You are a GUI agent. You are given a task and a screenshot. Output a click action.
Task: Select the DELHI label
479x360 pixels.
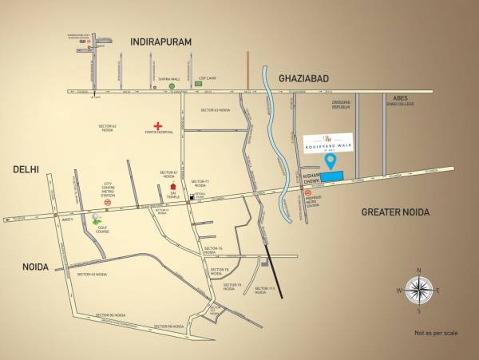26,169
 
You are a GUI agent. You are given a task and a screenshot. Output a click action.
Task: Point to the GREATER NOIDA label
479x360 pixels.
395,212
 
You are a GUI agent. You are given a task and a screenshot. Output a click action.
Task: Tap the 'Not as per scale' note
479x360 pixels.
436,331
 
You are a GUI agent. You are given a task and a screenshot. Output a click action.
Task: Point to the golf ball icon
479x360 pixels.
97,218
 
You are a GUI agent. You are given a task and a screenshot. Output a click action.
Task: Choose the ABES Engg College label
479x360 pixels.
396,102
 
